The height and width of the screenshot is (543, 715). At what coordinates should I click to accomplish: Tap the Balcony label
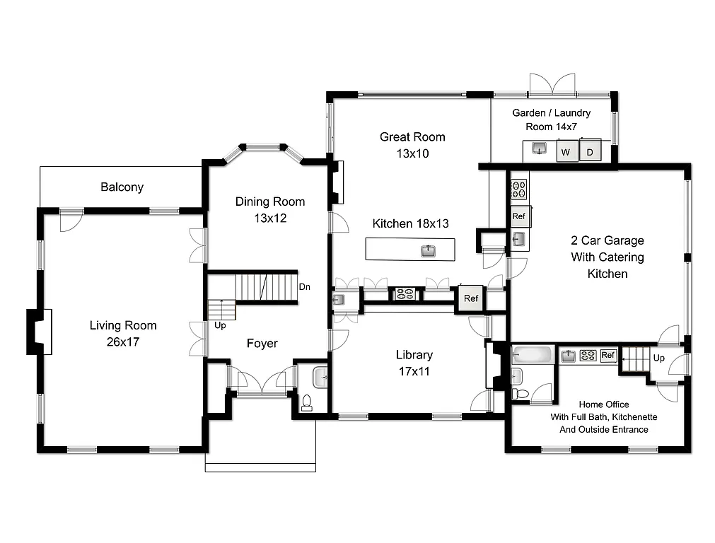pyautogui.click(x=122, y=187)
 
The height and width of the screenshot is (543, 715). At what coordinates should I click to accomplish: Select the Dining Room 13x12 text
pyautogui.click(x=270, y=210)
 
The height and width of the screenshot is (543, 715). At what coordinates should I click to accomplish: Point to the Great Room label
pyautogui.click(x=412, y=144)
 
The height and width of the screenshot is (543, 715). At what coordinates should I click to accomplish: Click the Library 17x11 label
pyautogui.click(x=414, y=363)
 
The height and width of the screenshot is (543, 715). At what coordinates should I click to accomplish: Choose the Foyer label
pyautogui.click(x=262, y=344)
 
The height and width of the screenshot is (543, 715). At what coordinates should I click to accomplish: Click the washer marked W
pyautogui.click(x=566, y=152)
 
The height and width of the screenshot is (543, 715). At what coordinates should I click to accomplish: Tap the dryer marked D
pyautogui.click(x=589, y=152)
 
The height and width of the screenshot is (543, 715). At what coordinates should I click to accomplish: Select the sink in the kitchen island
pyautogui.click(x=428, y=250)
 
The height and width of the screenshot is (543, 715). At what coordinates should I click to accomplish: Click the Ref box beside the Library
pyautogui.click(x=471, y=298)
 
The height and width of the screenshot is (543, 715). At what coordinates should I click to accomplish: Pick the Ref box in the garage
pyautogui.click(x=519, y=216)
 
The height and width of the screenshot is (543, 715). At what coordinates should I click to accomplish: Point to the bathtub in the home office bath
pyautogui.click(x=533, y=355)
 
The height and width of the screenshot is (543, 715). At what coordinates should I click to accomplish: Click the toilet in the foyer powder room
pyautogui.click(x=307, y=402)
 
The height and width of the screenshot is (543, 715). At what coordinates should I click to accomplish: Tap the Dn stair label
pyautogui.click(x=305, y=287)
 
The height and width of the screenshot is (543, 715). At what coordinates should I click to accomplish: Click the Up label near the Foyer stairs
pyautogui.click(x=221, y=325)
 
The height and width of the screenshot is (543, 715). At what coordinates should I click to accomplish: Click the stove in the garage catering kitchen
pyautogui.click(x=519, y=189)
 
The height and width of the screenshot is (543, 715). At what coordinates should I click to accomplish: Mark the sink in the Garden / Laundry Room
pyautogui.click(x=540, y=149)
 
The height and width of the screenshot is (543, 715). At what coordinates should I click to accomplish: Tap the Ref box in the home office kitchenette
pyautogui.click(x=608, y=356)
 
